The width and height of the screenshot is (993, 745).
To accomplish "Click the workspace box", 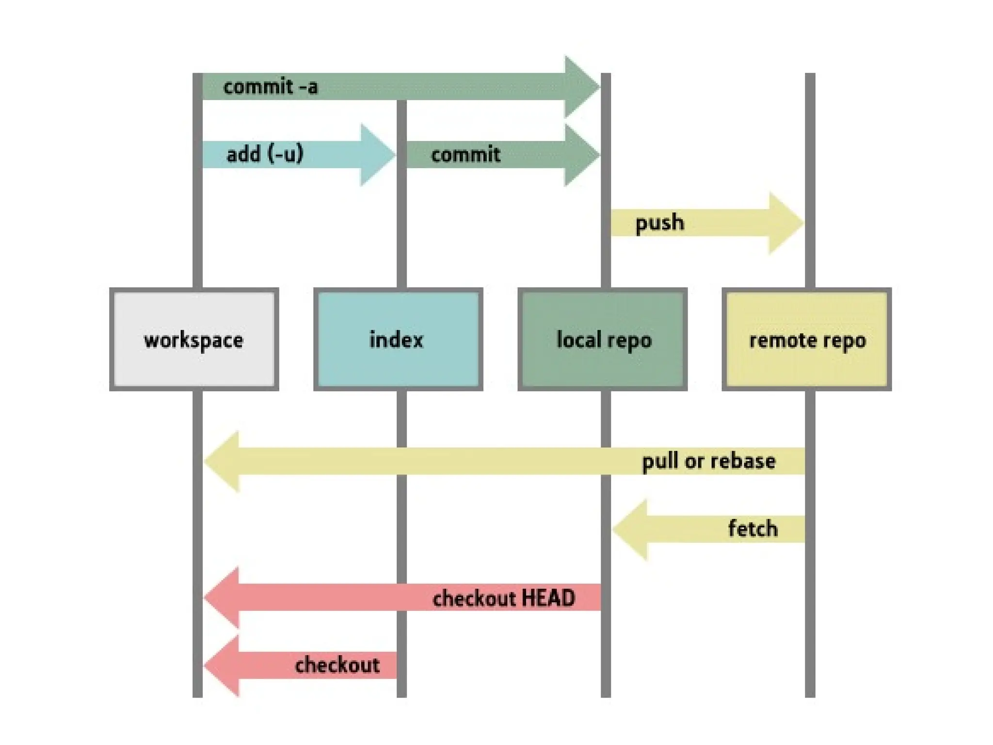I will pyautogui.click(x=194, y=340).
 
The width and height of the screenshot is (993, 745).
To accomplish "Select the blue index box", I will pyautogui.click(x=398, y=340).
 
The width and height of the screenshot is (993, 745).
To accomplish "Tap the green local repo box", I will pyautogui.click(x=603, y=340).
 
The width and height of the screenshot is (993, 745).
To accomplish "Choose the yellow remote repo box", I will pyautogui.click(x=807, y=340).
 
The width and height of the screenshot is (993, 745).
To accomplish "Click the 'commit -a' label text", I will pyautogui.click(x=271, y=87).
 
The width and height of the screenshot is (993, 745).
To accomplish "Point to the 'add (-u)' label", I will pyautogui.click(x=265, y=155).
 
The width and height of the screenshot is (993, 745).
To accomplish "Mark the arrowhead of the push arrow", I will pyautogui.click(x=785, y=223).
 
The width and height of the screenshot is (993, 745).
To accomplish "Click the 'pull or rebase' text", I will pyautogui.click(x=708, y=461).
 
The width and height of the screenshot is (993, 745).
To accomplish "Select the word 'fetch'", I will pyautogui.click(x=753, y=529).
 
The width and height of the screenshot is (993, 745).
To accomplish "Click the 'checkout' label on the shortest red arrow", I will pyautogui.click(x=337, y=665).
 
